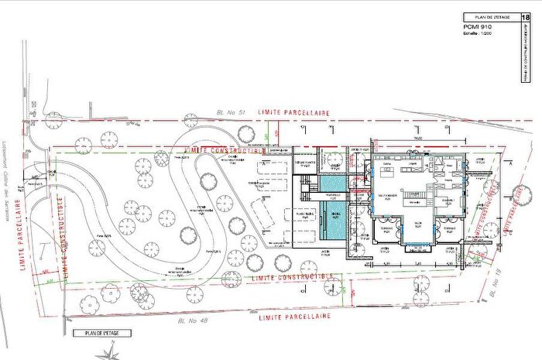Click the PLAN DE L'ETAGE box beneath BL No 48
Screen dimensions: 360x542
(x=101, y=333)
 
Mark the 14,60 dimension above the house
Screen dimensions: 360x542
(x=417, y=137)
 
